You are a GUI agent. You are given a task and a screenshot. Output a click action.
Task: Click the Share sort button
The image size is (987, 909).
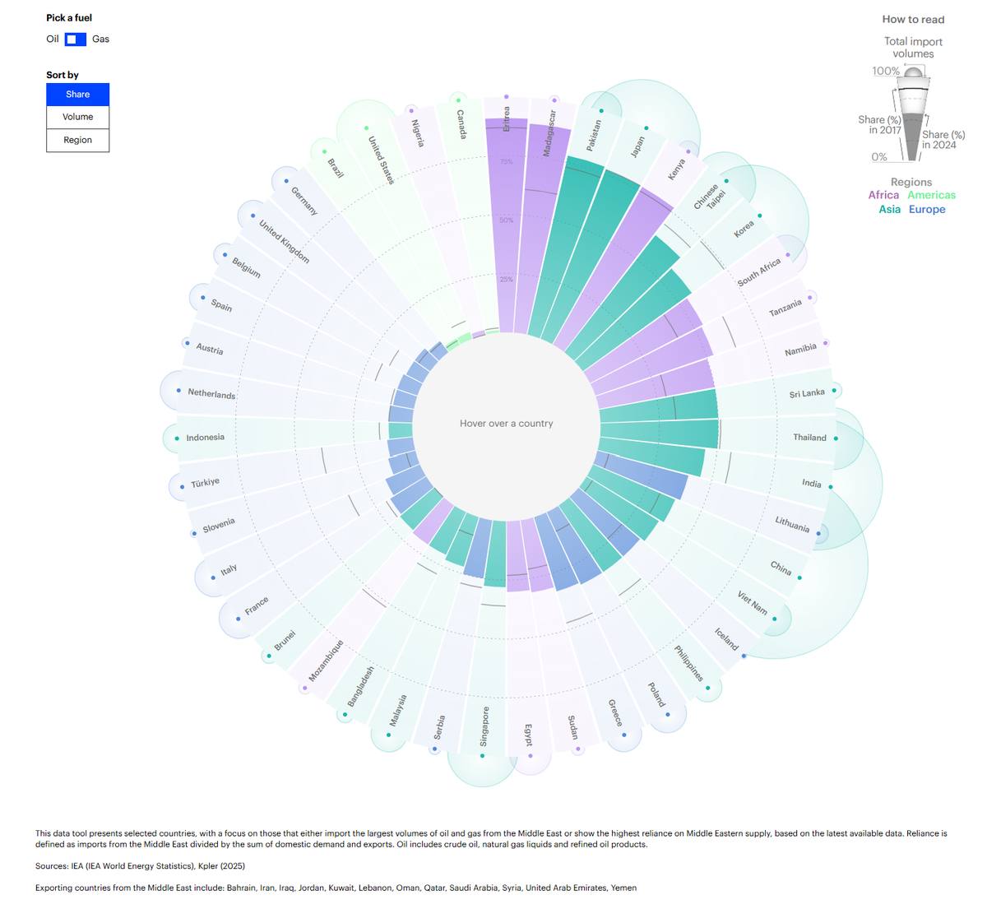click(x=78, y=95)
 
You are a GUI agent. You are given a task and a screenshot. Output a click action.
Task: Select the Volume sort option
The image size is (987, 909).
click(x=78, y=117)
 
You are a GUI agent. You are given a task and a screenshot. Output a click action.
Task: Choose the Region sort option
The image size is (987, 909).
click(x=78, y=141)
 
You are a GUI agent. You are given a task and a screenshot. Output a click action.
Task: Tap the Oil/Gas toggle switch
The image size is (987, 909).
click(x=76, y=39)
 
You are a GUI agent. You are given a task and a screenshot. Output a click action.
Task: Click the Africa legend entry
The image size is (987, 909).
click(x=883, y=195)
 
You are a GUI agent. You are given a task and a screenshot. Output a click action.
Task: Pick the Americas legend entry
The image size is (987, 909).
click(x=931, y=195)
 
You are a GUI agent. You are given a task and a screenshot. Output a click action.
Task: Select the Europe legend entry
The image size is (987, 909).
click(x=926, y=209)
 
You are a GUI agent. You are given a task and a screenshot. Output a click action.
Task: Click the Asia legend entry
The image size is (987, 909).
click(x=890, y=209)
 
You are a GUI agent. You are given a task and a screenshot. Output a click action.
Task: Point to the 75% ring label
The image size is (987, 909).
click(x=507, y=161)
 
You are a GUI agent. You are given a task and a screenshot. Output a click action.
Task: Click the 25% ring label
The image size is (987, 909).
click(x=507, y=280)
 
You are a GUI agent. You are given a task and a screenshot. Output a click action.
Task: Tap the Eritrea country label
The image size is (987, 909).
click(x=507, y=119)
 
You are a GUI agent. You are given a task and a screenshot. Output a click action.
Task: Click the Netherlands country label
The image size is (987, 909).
click(x=211, y=394)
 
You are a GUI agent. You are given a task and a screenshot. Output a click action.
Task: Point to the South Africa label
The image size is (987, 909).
click(x=758, y=272)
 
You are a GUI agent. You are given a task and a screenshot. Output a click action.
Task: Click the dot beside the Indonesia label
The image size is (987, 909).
click(x=177, y=438)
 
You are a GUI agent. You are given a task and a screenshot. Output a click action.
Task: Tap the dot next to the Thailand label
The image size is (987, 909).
click(x=836, y=438)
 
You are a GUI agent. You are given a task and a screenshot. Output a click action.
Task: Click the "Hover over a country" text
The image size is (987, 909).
click(x=507, y=424)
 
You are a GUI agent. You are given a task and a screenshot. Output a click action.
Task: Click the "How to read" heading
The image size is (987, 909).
click(x=913, y=20)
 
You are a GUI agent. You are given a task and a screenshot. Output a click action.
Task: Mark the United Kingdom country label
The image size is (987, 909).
click(x=284, y=242)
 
